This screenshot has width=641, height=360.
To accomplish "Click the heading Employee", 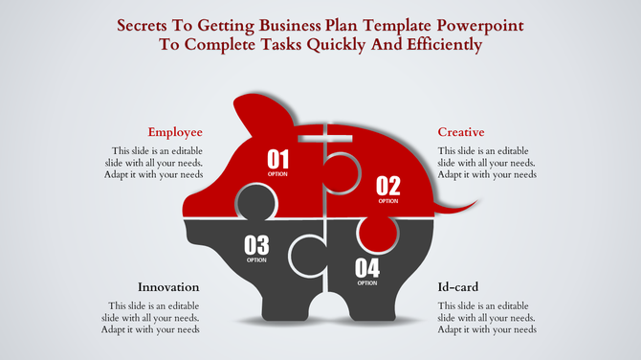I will [x=175, y=132].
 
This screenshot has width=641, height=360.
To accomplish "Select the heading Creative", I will [x=461, y=132].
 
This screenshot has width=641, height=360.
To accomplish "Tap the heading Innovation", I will [x=168, y=287].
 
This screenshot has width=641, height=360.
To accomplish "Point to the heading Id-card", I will [x=458, y=287].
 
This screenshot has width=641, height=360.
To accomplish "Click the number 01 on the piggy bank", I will [x=277, y=159].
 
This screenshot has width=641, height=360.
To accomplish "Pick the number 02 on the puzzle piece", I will [x=387, y=186].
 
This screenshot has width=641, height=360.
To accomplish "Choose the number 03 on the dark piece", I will [x=256, y=245].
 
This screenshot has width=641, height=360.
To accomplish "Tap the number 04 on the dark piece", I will [x=367, y=267].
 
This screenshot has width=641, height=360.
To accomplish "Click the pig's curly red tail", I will [x=460, y=204].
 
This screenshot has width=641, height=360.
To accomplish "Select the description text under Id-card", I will [x=486, y=317].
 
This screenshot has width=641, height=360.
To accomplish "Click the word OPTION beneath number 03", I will [x=256, y=260].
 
